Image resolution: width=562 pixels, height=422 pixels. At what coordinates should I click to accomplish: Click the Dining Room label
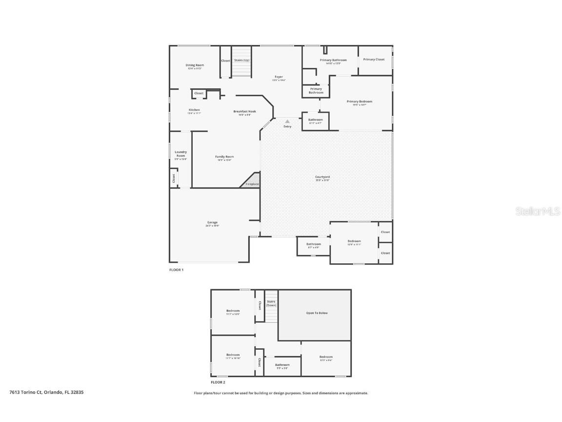[x=195, y=65]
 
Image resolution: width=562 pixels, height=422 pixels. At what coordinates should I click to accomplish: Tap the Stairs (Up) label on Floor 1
[x=242, y=60]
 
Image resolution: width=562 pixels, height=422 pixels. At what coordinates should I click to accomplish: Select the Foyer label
[x=279, y=77]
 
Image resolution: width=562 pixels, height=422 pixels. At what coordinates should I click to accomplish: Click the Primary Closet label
[x=374, y=60]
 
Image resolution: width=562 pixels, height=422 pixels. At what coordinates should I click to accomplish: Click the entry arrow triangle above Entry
[x=287, y=122]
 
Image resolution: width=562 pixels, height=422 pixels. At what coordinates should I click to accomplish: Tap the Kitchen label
[x=194, y=110]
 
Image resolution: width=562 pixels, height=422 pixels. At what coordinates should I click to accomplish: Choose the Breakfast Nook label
[x=244, y=112]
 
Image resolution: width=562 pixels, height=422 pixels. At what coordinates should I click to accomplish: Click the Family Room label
[x=224, y=157]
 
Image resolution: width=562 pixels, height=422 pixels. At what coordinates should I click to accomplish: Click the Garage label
[x=212, y=223]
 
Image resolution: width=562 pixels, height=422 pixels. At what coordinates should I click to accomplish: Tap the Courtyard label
[x=322, y=177]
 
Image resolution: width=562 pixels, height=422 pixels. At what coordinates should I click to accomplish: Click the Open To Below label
[x=317, y=313]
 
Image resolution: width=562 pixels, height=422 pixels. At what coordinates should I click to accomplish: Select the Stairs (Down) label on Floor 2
[x=271, y=303]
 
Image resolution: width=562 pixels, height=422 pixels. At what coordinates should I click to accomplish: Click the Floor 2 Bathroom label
[x=282, y=365]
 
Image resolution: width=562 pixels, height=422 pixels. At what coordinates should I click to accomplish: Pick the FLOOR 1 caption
[x=176, y=270]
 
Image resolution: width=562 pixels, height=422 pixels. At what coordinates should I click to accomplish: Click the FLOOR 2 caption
[x=218, y=382]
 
